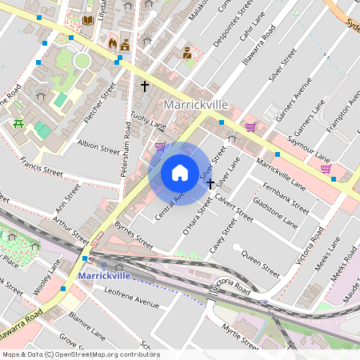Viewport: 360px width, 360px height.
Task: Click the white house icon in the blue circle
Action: point(180,173)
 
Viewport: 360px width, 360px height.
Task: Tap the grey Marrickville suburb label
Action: point(196,106)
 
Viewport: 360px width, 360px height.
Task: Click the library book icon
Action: point(88,19)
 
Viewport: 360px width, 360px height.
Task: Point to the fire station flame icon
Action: point(112,43)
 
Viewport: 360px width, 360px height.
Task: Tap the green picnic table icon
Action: point(18,122)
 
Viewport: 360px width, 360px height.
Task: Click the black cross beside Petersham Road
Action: point(145,86)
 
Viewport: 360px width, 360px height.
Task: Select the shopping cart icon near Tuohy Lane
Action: point(161,146)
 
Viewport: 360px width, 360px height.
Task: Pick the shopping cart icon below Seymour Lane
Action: point(326,168)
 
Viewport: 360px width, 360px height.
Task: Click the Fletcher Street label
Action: point(99,100)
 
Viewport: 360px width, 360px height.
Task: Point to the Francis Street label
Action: point(42,166)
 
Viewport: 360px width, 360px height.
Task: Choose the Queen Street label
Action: point(260,266)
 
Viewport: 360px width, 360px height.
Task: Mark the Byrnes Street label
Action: point(134,234)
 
